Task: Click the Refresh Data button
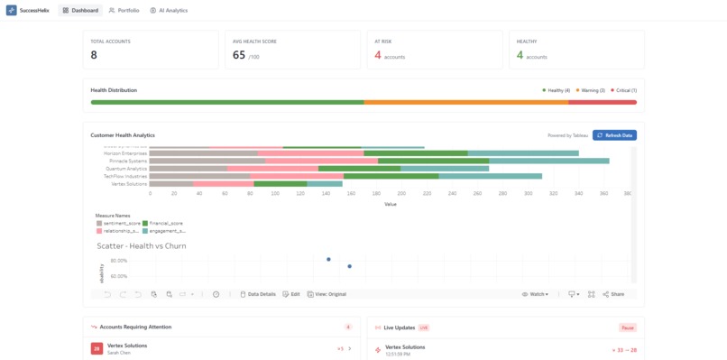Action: coord(614,135)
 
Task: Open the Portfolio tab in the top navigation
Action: coord(124,10)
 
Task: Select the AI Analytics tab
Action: coord(169,10)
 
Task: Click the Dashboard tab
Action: coord(78,10)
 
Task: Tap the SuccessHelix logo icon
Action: coord(11,10)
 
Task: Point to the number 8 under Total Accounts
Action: coord(94,55)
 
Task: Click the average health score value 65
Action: coord(239,55)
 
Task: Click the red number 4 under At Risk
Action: coord(378,55)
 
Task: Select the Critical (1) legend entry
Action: coord(623,90)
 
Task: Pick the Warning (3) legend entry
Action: coord(590,90)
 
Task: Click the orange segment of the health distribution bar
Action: coord(465,102)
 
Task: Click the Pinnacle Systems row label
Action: coord(126,161)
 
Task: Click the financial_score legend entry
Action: coord(165,223)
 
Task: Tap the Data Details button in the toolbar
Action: coord(258,294)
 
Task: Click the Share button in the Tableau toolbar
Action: coord(613,294)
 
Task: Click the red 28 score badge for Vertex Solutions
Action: coord(97,348)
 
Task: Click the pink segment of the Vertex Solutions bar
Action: coord(224,183)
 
